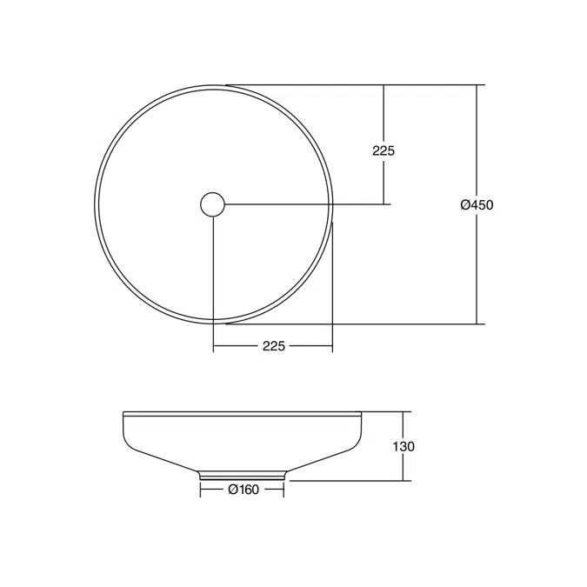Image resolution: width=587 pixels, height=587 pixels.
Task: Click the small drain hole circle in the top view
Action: (212, 204)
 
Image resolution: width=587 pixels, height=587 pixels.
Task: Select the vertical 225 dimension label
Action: (384, 150)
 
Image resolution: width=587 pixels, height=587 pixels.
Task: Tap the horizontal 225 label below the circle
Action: (273, 345)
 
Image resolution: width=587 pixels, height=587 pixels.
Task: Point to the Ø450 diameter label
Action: (477, 205)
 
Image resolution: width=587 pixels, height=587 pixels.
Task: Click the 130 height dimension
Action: (404, 446)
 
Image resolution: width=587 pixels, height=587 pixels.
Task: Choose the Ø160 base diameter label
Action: (243, 490)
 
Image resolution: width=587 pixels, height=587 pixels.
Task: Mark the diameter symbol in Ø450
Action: (465, 205)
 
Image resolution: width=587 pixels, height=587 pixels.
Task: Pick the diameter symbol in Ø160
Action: (233, 490)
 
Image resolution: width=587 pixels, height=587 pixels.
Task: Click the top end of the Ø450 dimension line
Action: (477, 85)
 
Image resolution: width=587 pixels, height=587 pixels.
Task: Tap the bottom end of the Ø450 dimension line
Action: (477, 324)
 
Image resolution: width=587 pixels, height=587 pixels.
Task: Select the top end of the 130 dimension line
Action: (404, 411)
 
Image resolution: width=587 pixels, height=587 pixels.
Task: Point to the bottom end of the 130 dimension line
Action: (404, 480)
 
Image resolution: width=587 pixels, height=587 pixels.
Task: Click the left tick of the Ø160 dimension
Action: (200, 490)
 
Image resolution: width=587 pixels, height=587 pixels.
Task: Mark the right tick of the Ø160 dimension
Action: (283, 490)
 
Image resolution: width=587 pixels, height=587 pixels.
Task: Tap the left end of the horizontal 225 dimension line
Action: (213, 345)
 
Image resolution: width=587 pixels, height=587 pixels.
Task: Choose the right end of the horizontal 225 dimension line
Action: (333, 345)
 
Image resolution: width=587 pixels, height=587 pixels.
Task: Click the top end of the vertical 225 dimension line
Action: (384, 85)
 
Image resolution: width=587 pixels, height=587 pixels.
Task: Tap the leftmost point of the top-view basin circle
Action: (95, 204)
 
